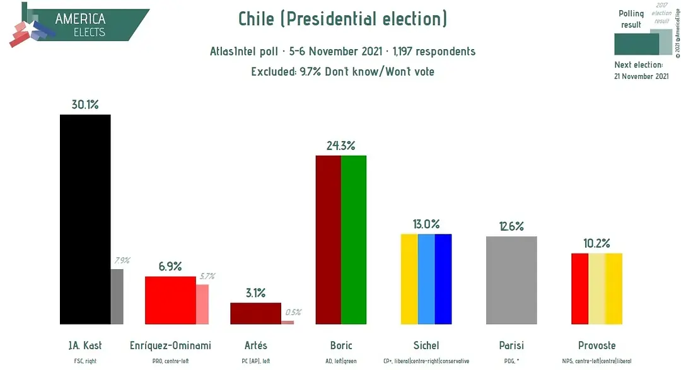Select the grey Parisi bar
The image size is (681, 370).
click(511, 280)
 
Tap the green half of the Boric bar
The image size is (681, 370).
click(354, 240)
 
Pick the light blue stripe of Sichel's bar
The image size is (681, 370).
click(426, 279)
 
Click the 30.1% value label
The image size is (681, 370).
click(85, 105)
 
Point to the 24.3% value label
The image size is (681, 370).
click(341, 145)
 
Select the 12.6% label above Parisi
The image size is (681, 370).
click(511, 226)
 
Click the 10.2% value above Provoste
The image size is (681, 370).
click(597, 243)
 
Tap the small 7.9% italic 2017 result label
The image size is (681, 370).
click(121, 260)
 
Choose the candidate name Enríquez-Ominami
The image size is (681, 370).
click(170, 345)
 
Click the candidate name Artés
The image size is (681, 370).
click(255, 345)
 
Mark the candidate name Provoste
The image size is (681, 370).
click(597, 345)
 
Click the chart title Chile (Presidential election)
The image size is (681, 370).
click(342, 19)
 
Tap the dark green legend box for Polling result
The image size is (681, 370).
click(636, 44)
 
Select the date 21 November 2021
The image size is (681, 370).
click(641, 76)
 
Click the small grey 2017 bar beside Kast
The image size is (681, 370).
click(117, 296)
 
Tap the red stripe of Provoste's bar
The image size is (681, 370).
click(579, 289)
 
